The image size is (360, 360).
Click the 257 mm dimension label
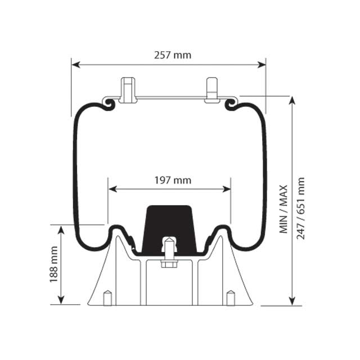coord(172,55)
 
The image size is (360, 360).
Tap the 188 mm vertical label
coord(54,264)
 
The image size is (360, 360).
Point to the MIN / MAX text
coord(283,209)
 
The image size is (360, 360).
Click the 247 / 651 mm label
coord(301,208)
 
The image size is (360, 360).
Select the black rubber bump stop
coord(168,228)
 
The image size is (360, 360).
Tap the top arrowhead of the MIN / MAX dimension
coord(291,101)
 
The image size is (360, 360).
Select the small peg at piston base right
coord(230,298)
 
